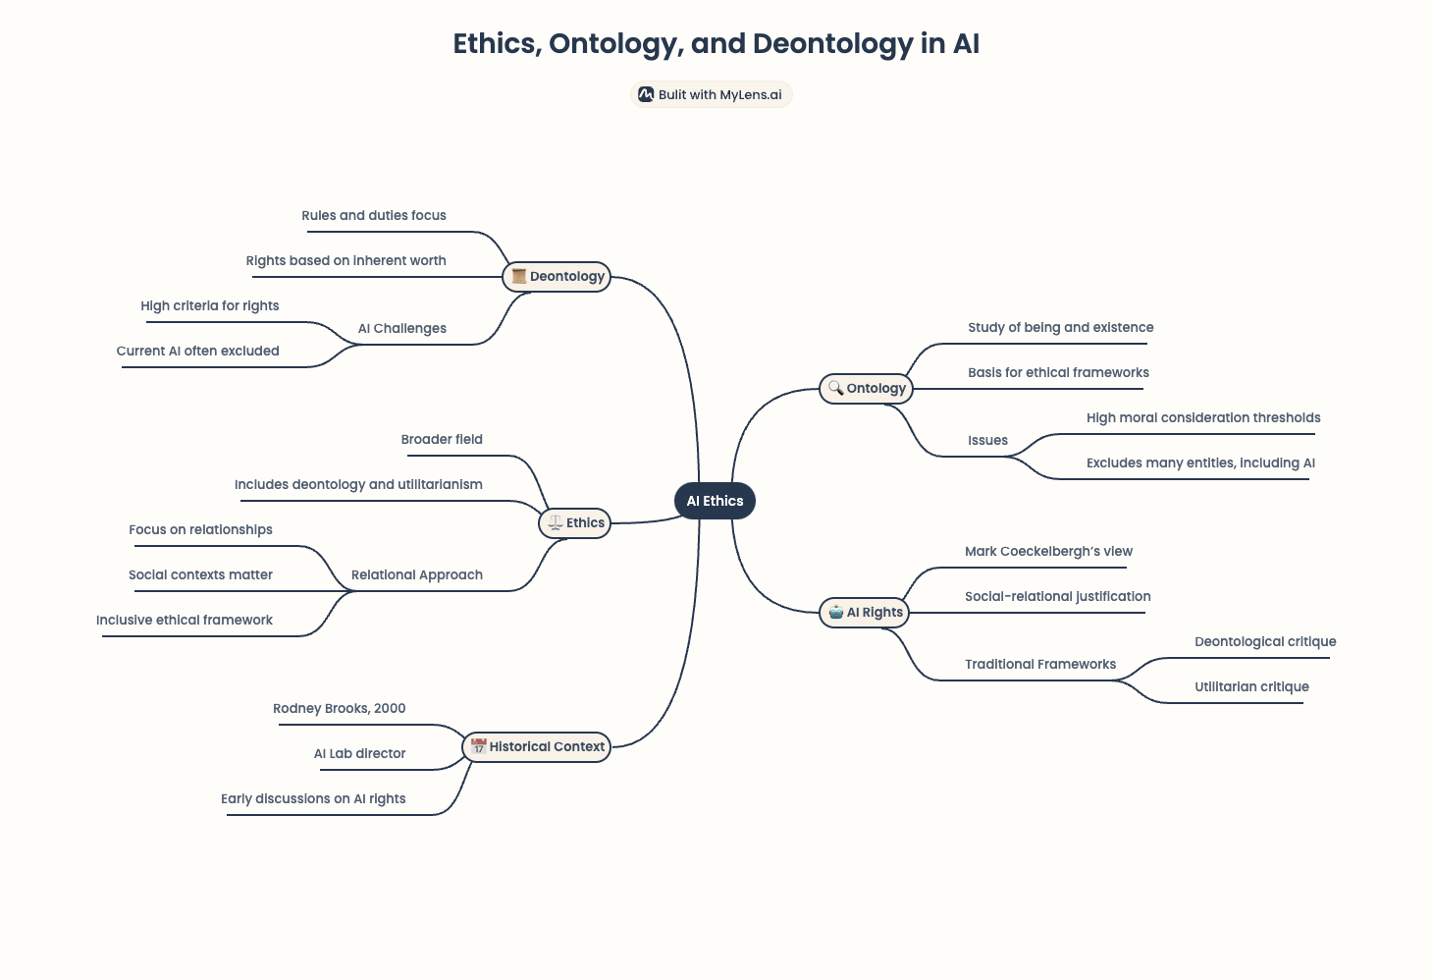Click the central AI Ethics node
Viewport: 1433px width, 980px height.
pyautogui.click(x=715, y=501)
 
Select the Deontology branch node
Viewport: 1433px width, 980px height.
pyautogui.click(x=557, y=277)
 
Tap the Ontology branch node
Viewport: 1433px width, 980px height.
pyautogui.click(x=867, y=389)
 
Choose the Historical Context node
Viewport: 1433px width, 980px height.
pyautogui.click(x=536, y=747)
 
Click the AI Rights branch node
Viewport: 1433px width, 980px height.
pyautogui.click(x=865, y=613)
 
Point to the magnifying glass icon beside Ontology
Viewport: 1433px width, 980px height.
pyautogui.click(x=835, y=388)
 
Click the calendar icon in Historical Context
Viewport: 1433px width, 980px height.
pyautogui.click(x=479, y=746)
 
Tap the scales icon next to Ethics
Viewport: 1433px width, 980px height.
pyautogui.click(x=556, y=523)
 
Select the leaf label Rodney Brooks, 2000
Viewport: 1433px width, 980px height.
pyautogui.click(x=339, y=709)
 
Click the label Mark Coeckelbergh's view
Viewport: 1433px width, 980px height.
pyautogui.click(x=1048, y=552)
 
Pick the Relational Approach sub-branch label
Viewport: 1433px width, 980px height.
pyautogui.click(x=417, y=574)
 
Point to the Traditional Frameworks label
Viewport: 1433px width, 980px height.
pyautogui.click(x=1040, y=665)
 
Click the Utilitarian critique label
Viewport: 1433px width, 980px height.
pyautogui.click(x=1252, y=686)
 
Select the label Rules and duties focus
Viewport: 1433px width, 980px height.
pyautogui.click(x=374, y=216)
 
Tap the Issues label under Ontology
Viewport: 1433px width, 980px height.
pyautogui.click(x=987, y=440)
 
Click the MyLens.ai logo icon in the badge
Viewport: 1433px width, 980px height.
pyautogui.click(x=646, y=94)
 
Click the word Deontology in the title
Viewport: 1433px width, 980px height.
pyautogui.click(x=832, y=44)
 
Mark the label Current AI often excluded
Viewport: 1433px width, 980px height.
pyautogui.click(x=197, y=352)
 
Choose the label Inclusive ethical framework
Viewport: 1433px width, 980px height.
pyautogui.click(x=185, y=621)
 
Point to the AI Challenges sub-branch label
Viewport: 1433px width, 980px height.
pyautogui.click(x=402, y=328)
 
